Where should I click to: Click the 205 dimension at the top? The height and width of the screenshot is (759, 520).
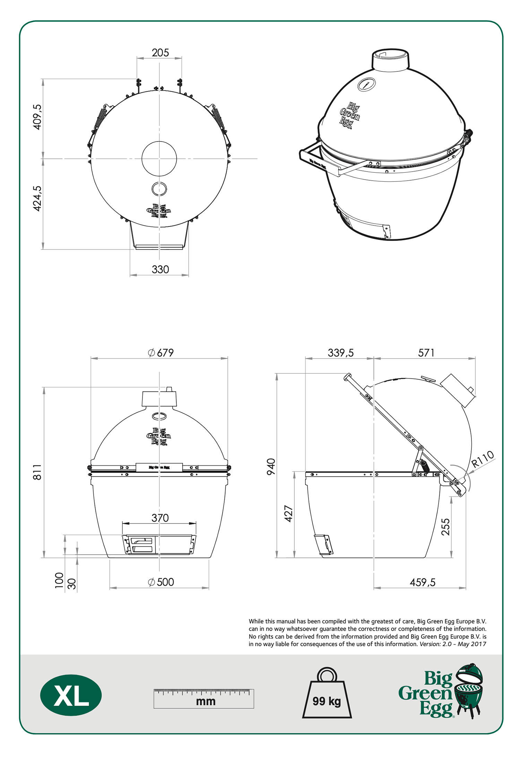[160, 53]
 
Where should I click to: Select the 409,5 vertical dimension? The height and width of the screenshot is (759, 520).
[37, 117]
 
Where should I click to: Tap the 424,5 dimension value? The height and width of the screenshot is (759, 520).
[37, 198]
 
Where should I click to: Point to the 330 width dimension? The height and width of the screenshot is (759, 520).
[160, 269]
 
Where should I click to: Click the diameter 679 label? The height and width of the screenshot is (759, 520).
[161, 353]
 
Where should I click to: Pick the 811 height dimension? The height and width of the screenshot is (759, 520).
[37, 472]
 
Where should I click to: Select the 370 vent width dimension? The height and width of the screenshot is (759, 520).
[160, 518]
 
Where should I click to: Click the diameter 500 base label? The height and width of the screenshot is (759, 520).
[161, 582]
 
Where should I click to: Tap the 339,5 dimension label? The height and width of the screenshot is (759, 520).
[341, 353]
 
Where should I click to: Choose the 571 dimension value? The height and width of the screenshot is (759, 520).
[426, 353]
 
